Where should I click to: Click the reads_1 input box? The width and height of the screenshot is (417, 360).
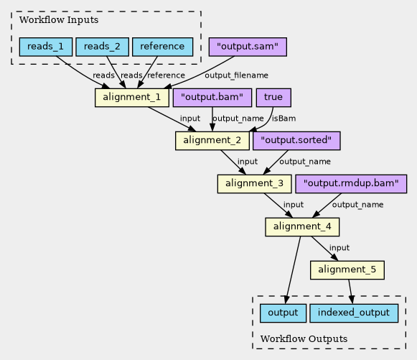[46, 47]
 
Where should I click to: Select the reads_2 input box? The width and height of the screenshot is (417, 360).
[103, 47]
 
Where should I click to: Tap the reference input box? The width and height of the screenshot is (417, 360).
[162, 47]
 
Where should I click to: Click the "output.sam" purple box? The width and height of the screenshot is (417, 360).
[248, 47]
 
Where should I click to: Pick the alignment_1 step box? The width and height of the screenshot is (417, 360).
[132, 98]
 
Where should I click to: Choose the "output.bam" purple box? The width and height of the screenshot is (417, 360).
[212, 98]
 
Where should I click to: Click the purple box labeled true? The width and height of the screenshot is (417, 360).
[273, 98]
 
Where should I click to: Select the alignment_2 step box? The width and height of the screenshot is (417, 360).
[212, 141]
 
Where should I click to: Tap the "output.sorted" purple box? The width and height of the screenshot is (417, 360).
[296, 141]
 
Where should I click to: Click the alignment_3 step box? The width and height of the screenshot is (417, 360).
[255, 184]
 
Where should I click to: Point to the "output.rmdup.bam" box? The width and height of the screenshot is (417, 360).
[351, 184]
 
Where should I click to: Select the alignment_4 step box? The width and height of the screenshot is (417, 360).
[302, 227]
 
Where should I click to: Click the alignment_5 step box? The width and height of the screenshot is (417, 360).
[347, 270]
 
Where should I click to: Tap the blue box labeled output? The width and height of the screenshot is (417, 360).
[283, 313]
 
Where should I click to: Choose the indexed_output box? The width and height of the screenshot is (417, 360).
[354, 313]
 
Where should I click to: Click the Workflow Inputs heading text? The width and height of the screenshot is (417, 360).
[59, 20]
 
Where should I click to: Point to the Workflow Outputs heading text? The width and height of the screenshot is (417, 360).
[304, 339]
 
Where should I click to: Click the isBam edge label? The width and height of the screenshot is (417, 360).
[284, 119]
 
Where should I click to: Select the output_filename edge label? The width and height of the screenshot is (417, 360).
[236, 75]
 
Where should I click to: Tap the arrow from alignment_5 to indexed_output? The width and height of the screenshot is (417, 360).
[351, 292]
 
